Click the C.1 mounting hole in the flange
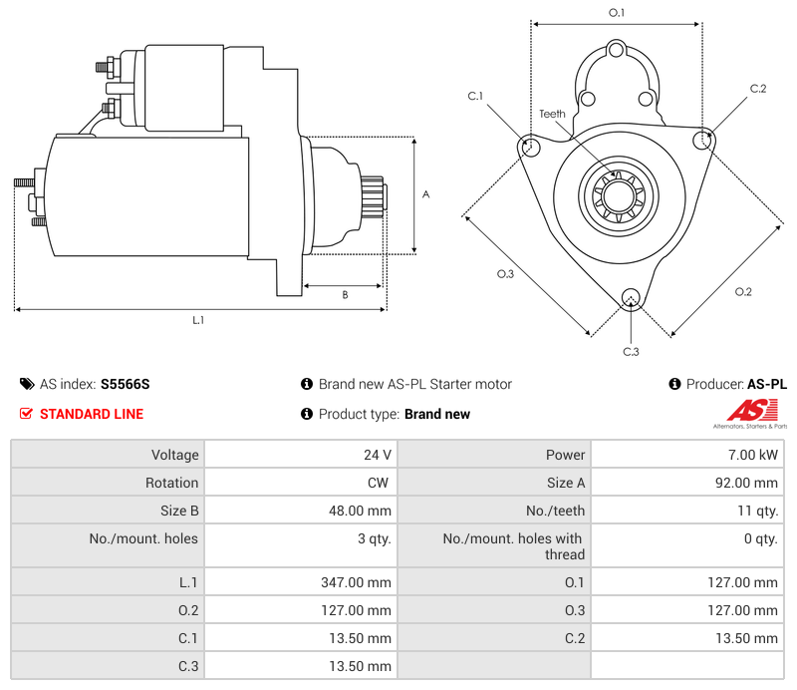click(x=529, y=147)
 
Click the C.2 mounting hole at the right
click(x=704, y=139)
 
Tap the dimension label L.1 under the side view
click(x=198, y=320)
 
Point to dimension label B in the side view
click(x=345, y=294)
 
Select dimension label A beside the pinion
click(x=425, y=194)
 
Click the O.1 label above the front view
click(x=616, y=13)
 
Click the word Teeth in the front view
click(x=552, y=114)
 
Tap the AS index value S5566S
click(x=125, y=384)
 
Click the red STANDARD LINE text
click(x=92, y=414)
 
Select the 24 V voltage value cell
click(x=378, y=455)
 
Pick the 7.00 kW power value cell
click(x=760, y=455)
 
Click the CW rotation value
click(x=380, y=483)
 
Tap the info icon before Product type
click(x=307, y=414)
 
